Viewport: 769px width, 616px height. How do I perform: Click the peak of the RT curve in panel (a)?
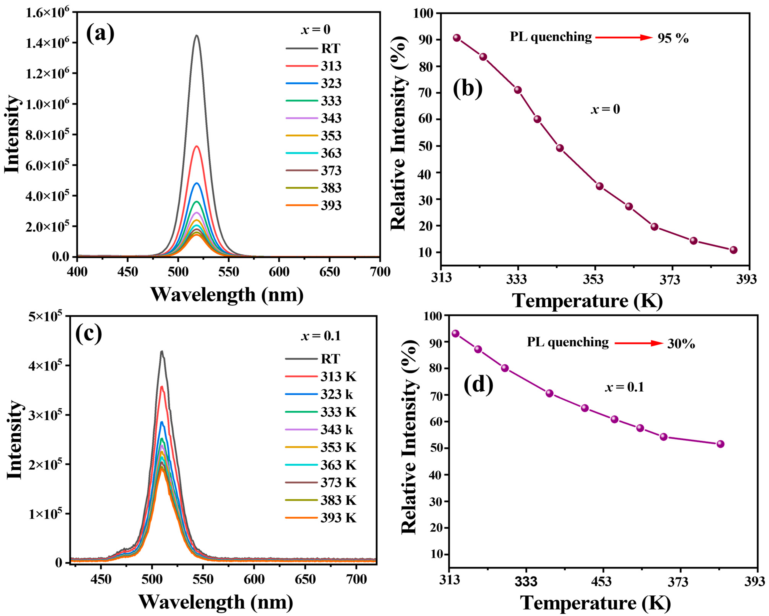(x=196, y=36)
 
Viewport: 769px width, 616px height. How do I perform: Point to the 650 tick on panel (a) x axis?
(x=329, y=272)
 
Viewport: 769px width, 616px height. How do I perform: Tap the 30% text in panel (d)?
(x=681, y=344)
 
